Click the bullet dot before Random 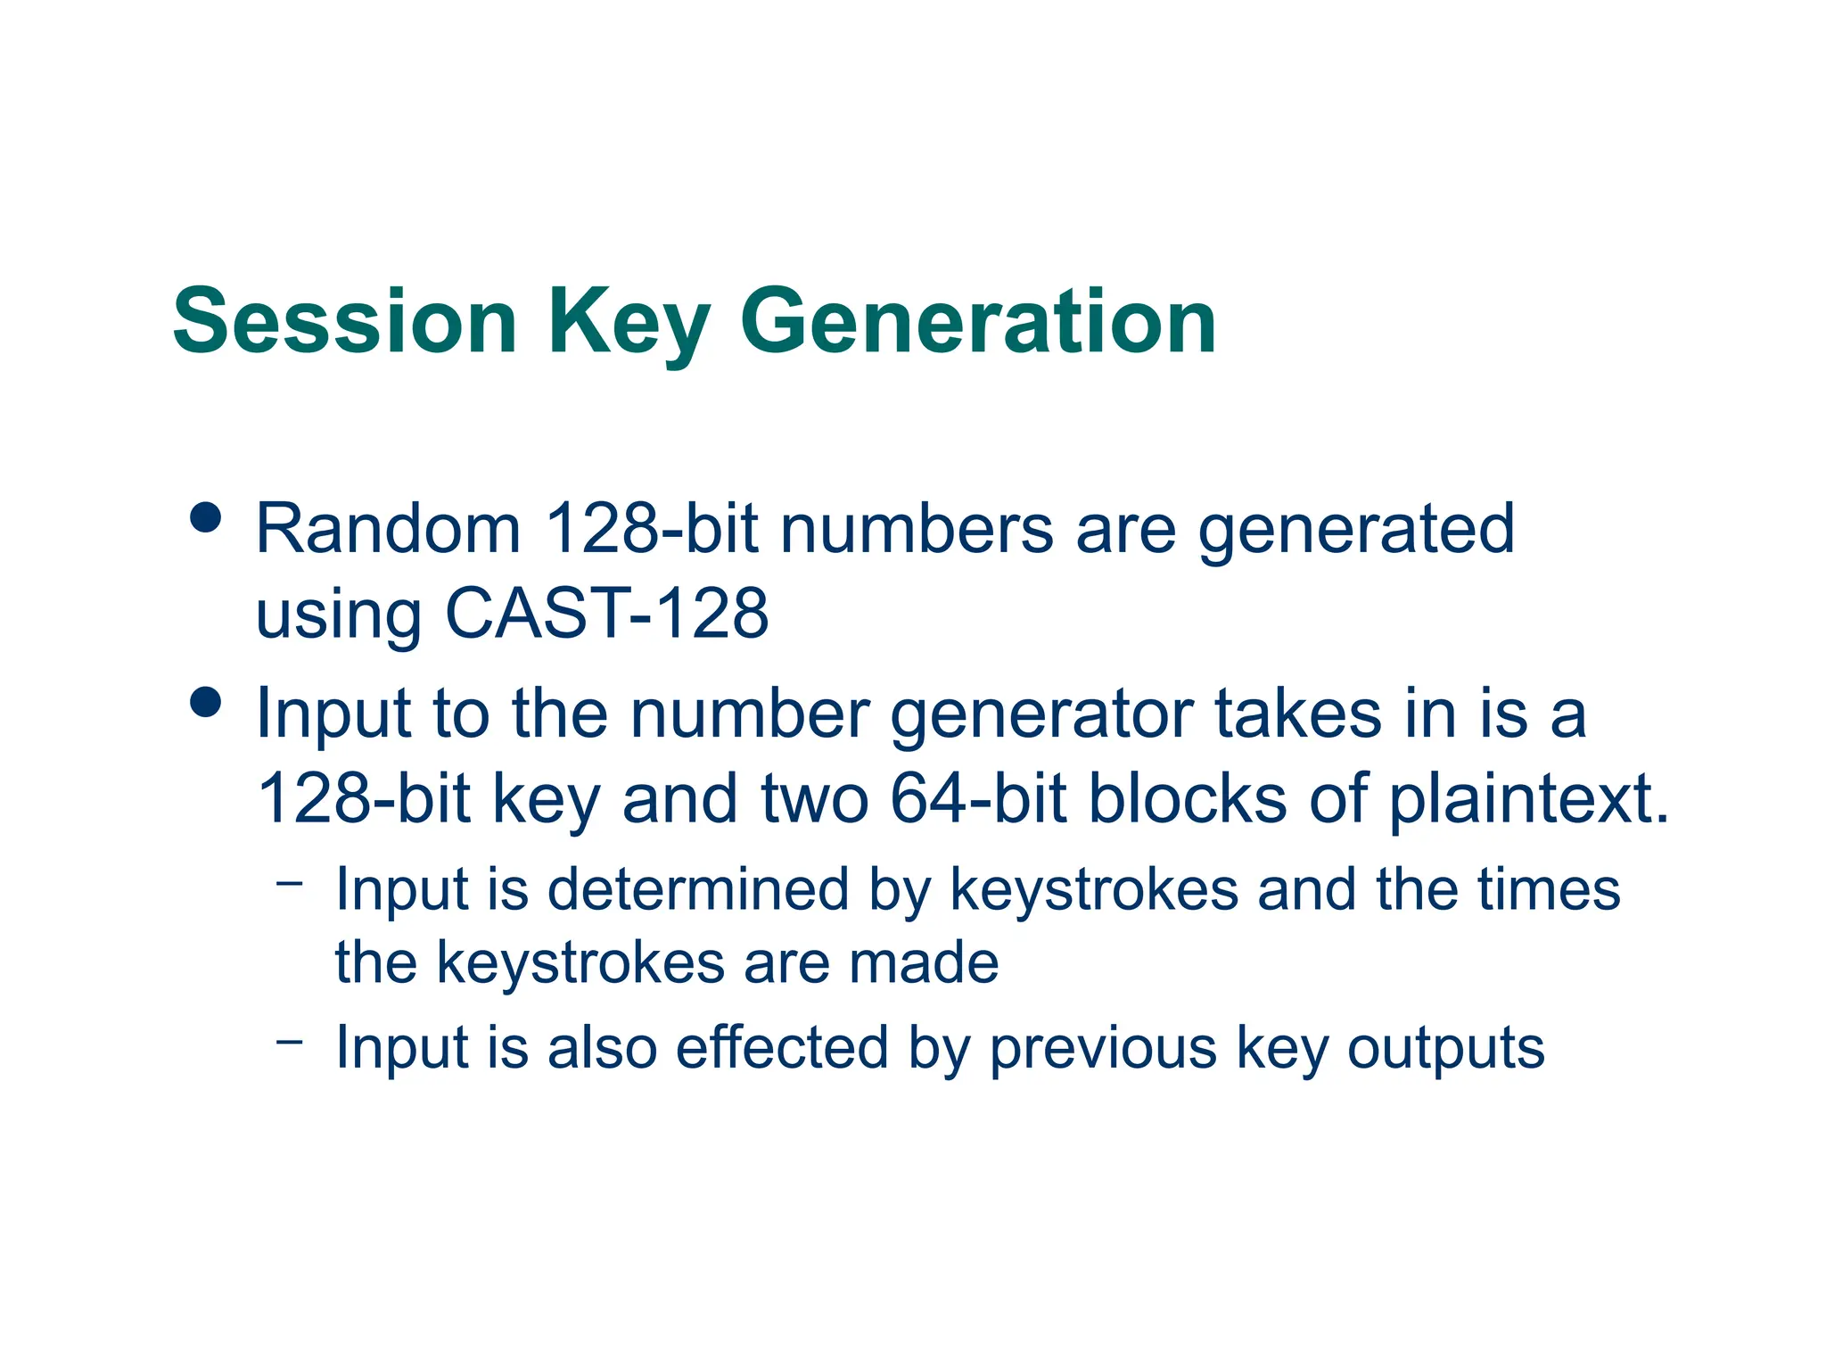point(206,517)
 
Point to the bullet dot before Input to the point(206,701)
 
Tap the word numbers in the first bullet point(917,529)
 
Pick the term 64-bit point(978,797)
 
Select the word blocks point(1188,797)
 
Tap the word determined point(697,889)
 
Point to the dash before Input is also point(290,1041)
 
